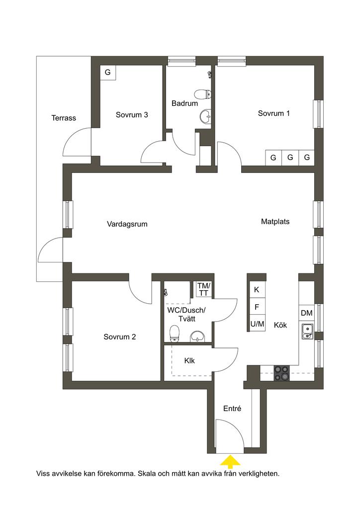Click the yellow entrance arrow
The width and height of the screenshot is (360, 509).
pos(230,461)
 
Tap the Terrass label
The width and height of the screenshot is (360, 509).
pos(64,118)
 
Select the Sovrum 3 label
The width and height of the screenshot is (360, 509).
pos(132,115)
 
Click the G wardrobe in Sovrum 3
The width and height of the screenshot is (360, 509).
pos(108,73)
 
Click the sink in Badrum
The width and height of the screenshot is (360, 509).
pos(205,116)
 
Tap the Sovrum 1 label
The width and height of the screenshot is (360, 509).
pos(273,113)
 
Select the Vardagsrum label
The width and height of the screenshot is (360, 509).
pos(127,224)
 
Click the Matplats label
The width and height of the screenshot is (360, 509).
pos(275,221)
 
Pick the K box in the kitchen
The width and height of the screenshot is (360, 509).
pos(257,290)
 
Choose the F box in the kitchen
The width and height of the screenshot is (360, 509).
pos(257,307)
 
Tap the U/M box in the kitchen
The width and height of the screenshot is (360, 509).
pos(257,324)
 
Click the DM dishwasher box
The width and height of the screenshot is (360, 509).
pos(306,313)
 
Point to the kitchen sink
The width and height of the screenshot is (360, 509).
pos(307,331)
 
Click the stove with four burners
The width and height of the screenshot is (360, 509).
pos(281,373)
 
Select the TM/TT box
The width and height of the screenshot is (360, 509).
pos(204,289)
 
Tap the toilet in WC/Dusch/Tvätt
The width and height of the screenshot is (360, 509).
pos(175,334)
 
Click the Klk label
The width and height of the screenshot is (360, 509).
pos(189,361)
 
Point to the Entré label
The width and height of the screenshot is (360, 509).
pos(232,409)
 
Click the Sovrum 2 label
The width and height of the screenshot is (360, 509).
pos(119,337)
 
